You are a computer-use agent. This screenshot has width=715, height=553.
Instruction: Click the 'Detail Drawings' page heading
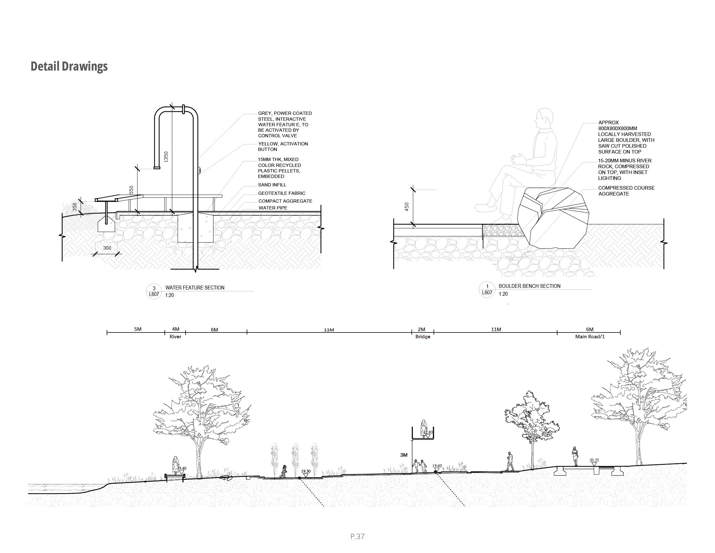point(69,66)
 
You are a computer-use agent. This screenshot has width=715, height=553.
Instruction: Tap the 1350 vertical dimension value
point(166,156)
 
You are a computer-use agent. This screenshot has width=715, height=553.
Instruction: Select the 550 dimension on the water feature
point(131,190)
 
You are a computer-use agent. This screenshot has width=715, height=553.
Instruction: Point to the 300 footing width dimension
point(107,248)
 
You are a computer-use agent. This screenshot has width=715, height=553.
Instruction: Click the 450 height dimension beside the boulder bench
point(407,207)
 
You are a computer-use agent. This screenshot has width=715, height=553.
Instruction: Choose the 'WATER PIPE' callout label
point(273,208)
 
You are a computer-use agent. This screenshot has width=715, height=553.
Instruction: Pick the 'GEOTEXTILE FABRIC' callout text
point(281,193)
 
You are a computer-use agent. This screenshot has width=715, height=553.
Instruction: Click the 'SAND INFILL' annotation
point(272,185)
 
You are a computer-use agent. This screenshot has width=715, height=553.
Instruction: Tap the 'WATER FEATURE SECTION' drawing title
point(195,288)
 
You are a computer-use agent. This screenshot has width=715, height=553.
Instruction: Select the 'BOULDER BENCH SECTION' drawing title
point(529,286)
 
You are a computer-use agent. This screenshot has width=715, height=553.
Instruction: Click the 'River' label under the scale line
point(175,337)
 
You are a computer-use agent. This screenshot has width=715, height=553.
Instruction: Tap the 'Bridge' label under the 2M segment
point(422,337)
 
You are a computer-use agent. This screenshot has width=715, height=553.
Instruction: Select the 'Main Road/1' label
point(590,337)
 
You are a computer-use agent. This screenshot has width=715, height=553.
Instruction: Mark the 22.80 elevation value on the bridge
point(428,432)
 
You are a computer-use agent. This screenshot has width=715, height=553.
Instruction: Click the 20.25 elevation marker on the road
point(594,460)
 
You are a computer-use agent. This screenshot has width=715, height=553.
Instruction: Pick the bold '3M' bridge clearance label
point(404,455)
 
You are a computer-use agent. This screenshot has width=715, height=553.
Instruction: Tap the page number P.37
point(357,536)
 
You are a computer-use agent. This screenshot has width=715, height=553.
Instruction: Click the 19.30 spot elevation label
point(306,471)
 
